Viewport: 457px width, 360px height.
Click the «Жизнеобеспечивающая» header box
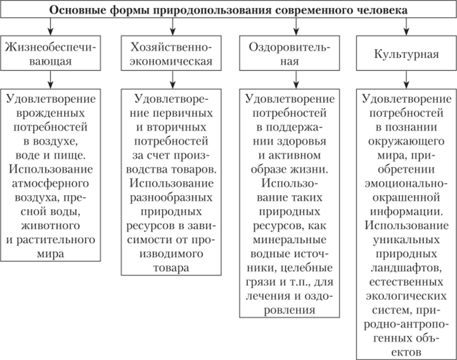(51, 55)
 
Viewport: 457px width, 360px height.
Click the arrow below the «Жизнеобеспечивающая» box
(51, 80)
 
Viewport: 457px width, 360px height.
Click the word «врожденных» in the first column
(51, 113)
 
